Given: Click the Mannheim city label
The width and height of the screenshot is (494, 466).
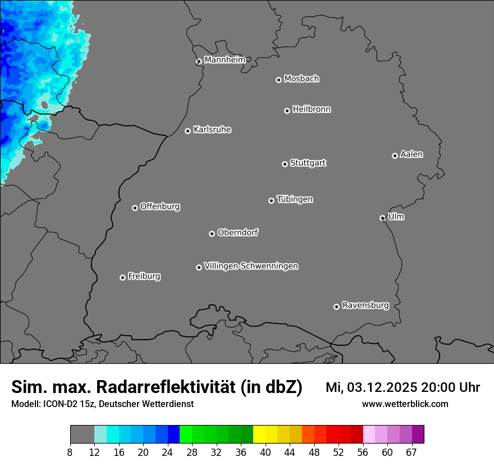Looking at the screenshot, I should click(225, 60).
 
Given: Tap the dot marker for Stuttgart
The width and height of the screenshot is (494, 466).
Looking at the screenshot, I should click(285, 164).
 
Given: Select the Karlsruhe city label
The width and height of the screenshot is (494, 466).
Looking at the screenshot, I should click(212, 130).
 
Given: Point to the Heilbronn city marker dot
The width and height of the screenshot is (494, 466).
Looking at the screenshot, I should click(287, 111).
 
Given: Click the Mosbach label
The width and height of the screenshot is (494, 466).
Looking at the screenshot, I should click(301, 79).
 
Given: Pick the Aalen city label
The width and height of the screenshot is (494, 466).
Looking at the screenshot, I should click(411, 154).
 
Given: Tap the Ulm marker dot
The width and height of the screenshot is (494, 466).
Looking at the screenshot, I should click(382, 218).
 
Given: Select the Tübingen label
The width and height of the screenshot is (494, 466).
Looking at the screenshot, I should click(295, 199).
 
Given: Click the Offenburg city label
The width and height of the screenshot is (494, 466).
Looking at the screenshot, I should click(160, 207).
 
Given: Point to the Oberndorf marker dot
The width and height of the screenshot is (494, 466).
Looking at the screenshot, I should click(212, 234).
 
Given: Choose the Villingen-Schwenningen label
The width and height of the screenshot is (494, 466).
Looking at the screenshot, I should click(251, 266).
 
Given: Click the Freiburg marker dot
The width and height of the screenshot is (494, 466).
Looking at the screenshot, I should click(122, 277).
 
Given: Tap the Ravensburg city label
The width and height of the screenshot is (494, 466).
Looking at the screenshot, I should click(365, 305).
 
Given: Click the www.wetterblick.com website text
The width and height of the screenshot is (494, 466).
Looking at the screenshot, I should click(405, 404).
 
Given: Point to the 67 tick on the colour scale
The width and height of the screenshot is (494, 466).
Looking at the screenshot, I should click(411, 453).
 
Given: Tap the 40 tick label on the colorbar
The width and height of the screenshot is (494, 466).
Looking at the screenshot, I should click(266, 453).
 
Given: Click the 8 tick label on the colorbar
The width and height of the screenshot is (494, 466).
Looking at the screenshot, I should click(70, 453).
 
